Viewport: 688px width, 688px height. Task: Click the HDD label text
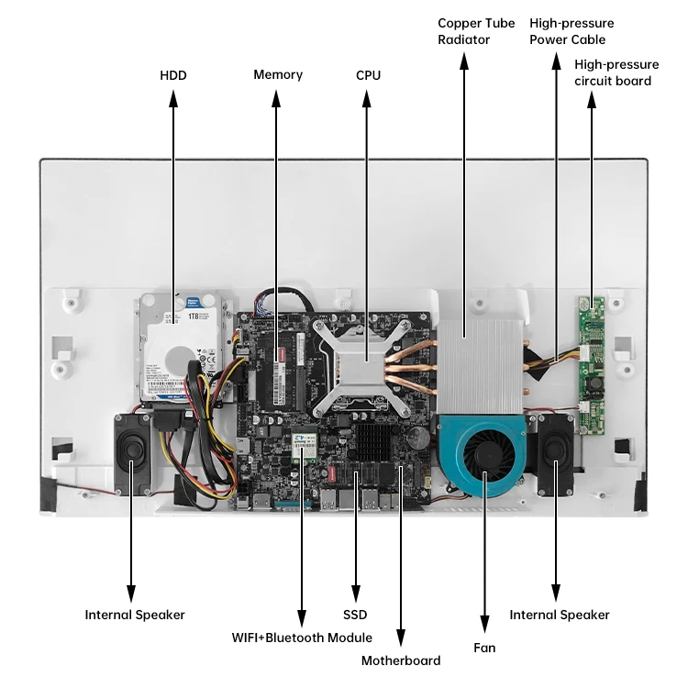(172, 74)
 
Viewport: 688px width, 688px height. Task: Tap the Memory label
(278, 74)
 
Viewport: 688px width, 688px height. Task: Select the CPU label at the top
(368, 74)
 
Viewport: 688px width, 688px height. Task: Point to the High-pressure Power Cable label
(571, 31)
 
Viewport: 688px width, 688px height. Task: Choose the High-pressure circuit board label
(616, 72)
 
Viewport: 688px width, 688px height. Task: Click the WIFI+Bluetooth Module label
(301, 638)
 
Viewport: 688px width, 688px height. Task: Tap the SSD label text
(355, 615)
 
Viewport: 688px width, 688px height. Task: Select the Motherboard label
(401, 660)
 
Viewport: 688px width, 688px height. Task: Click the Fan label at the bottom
(484, 648)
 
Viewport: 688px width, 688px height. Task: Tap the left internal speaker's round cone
(133, 450)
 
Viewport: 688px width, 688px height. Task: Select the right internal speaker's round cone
(555, 449)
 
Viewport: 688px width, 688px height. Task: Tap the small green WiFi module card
(302, 444)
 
